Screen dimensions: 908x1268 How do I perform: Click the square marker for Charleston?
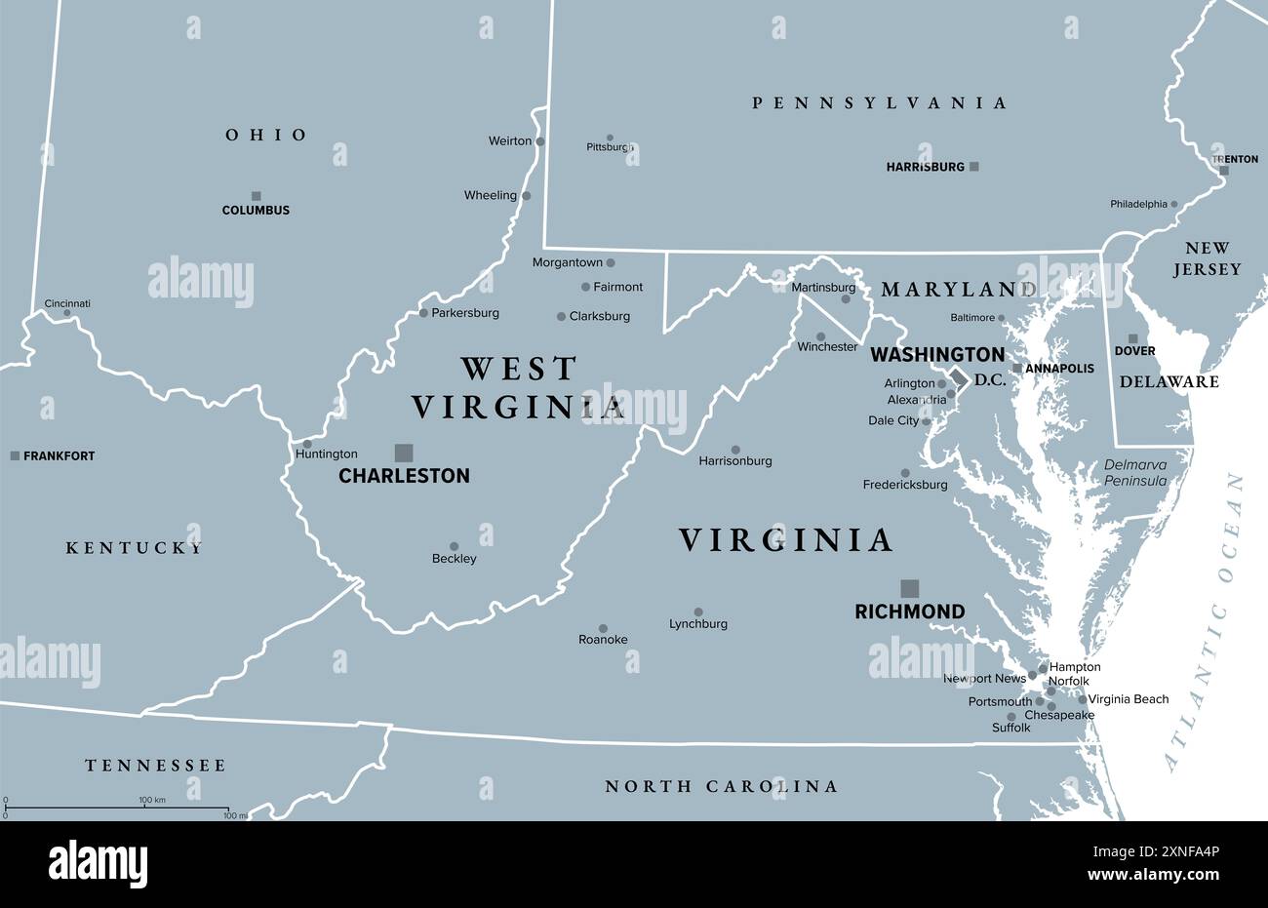[403, 453]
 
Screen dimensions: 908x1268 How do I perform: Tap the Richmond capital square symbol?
[909, 587]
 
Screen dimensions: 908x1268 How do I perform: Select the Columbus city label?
[256, 210]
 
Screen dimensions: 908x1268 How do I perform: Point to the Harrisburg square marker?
[973, 167]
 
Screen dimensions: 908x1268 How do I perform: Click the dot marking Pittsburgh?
[610, 138]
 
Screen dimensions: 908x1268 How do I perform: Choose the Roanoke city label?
[603, 640]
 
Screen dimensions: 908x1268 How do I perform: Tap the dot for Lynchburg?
[698, 612]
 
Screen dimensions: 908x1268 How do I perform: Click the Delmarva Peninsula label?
[1135, 473]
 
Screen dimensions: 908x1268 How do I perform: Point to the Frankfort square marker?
[15, 455]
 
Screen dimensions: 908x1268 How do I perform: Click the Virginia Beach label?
[1128, 699]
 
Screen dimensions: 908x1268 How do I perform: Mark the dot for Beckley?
[454, 546]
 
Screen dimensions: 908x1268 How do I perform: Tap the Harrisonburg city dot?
[735, 450]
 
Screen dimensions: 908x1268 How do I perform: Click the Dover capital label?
[1134, 351]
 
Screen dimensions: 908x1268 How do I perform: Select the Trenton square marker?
[1224, 171]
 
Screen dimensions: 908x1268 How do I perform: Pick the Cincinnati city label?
[67, 303]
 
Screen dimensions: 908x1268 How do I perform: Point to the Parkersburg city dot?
[423, 313]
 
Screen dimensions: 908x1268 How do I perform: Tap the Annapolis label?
[1059, 369]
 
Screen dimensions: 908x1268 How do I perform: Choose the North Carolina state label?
[721, 786]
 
